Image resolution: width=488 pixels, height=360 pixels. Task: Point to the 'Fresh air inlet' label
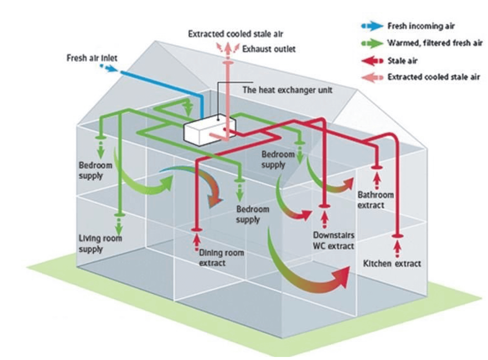tap(92, 58)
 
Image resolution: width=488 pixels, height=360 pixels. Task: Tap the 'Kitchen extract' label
tap(392, 263)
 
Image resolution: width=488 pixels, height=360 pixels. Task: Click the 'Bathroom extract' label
tap(376, 200)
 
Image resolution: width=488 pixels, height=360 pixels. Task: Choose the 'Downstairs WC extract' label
tap(333, 241)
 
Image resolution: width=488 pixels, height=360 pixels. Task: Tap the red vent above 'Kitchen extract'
tap(397, 236)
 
